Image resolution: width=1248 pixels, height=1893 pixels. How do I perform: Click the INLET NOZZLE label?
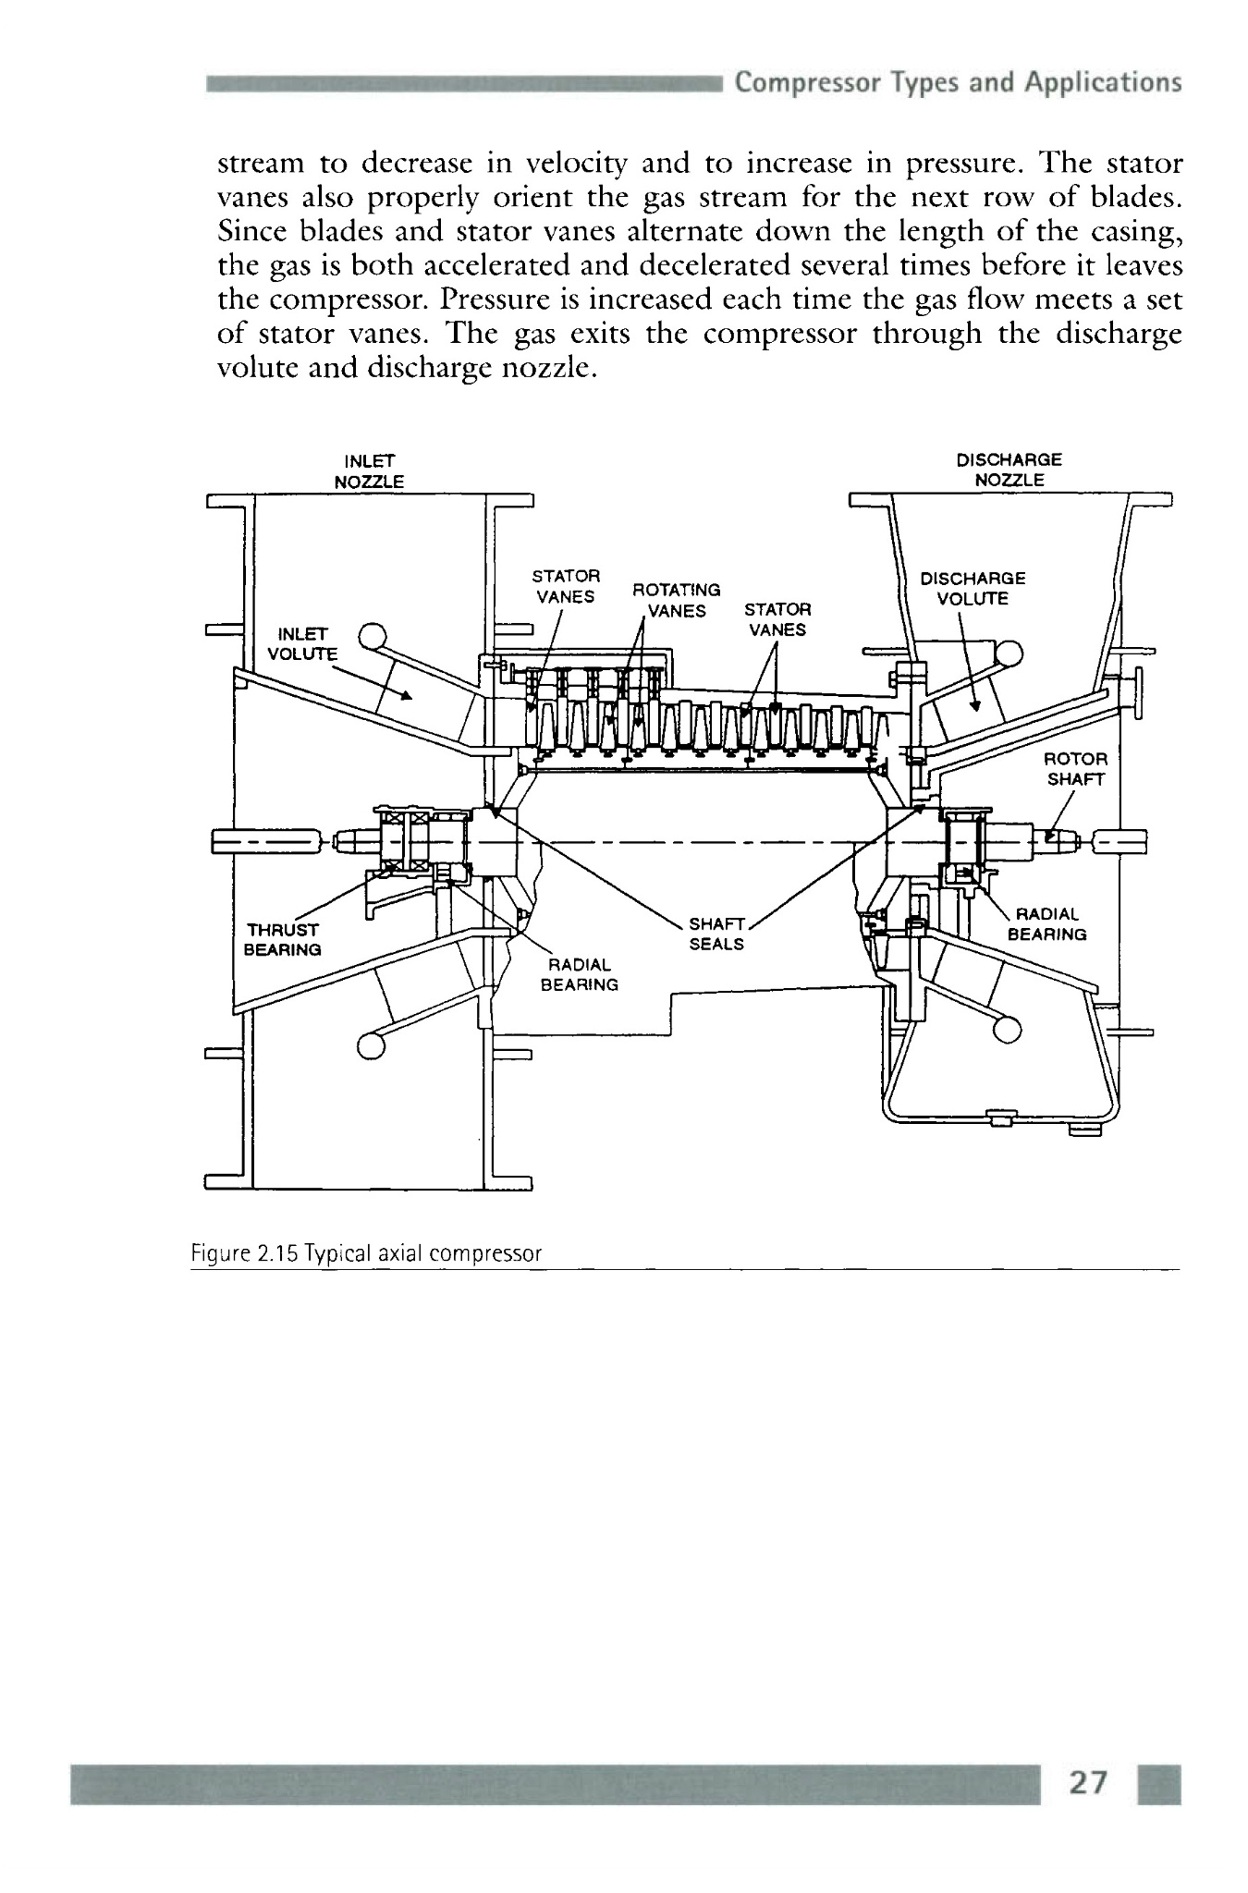tap(369, 470)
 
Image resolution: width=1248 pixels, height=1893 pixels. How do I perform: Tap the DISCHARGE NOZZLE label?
tap(1009, 470)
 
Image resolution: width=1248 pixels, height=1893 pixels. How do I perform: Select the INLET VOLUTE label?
tap(301, 643)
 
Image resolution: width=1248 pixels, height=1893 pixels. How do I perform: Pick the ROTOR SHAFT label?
tap(1075, 768)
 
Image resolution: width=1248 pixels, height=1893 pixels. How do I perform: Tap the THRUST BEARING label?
tap(282, 939)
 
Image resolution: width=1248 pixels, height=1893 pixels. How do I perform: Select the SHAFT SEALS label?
tap(716, 934)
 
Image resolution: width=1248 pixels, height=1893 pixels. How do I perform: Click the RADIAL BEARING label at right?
tap(1046, 924)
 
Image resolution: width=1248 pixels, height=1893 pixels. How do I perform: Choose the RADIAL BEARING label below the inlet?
tap(579, 975)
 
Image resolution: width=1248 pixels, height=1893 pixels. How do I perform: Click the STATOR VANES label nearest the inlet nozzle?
tap(566, 586)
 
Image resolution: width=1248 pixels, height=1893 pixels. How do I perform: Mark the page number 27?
tap(1087, 1783)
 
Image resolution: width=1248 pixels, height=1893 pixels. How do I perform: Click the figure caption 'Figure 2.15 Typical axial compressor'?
tap(366, 1253)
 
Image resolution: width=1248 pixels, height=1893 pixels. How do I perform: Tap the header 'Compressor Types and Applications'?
tap(958, 83)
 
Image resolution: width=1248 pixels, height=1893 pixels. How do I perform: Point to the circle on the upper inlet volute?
tap(372, 636)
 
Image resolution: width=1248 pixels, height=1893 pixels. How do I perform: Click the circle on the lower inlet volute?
tap(371, 1045)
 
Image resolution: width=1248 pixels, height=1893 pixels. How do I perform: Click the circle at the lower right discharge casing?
tap(1009, 1028)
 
